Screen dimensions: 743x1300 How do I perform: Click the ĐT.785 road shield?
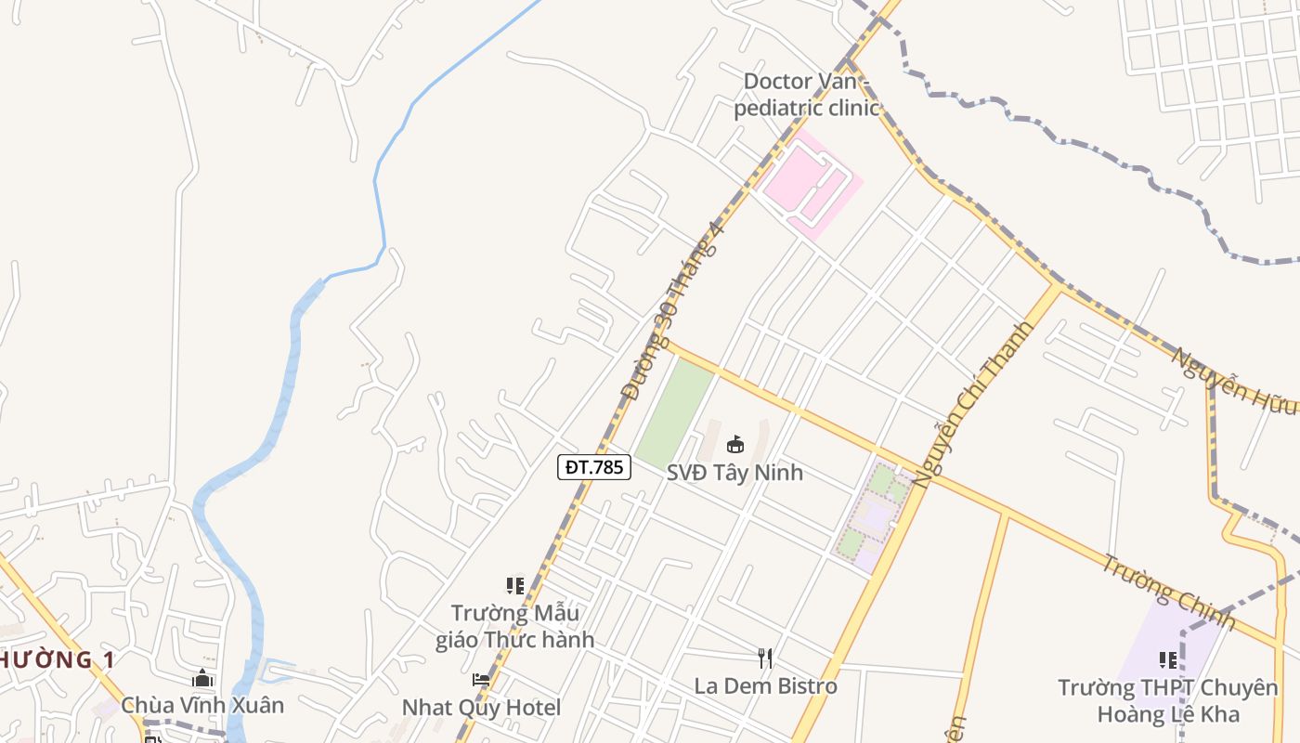click(594, 466)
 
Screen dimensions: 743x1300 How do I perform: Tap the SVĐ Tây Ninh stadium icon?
click(735, 444)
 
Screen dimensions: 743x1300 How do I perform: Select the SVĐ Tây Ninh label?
click(734, 472)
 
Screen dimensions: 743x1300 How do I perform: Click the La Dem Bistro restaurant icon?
click(765, 658)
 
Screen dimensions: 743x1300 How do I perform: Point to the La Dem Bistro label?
click(765, 686)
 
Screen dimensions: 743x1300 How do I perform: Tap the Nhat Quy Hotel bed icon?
click(481, 680)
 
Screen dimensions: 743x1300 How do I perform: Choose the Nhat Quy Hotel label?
click(481, 708)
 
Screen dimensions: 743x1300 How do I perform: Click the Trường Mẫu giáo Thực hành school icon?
click(515, 586)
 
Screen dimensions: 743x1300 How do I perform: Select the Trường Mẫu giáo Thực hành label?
click(514, 626)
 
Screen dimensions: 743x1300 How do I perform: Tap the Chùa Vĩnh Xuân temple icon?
click(202, 679)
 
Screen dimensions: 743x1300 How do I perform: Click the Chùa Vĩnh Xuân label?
click(202, 706)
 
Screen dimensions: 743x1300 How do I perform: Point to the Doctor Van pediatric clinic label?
click(806, 95)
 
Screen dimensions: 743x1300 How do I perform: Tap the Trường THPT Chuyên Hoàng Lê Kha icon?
click(1167, 660)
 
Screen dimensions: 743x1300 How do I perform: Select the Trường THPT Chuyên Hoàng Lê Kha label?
click(1167, 700)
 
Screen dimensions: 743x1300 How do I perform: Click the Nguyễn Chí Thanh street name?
click(973, 404)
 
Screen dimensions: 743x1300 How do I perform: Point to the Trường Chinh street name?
click(1168, 592)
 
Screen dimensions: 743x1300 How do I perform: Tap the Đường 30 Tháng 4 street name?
click(672, 310)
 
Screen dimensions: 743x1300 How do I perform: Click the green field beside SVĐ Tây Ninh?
click(674, 414)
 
